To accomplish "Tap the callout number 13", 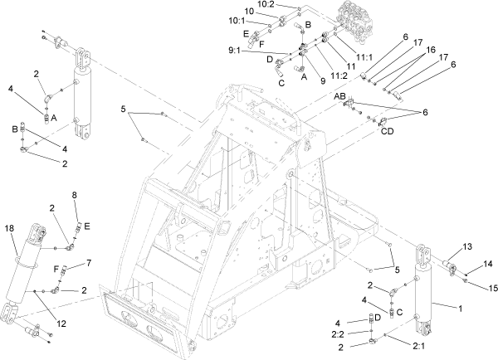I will click(466, 246).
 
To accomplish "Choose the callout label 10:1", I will click(259, 21).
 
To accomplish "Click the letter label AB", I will click(340, 98).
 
